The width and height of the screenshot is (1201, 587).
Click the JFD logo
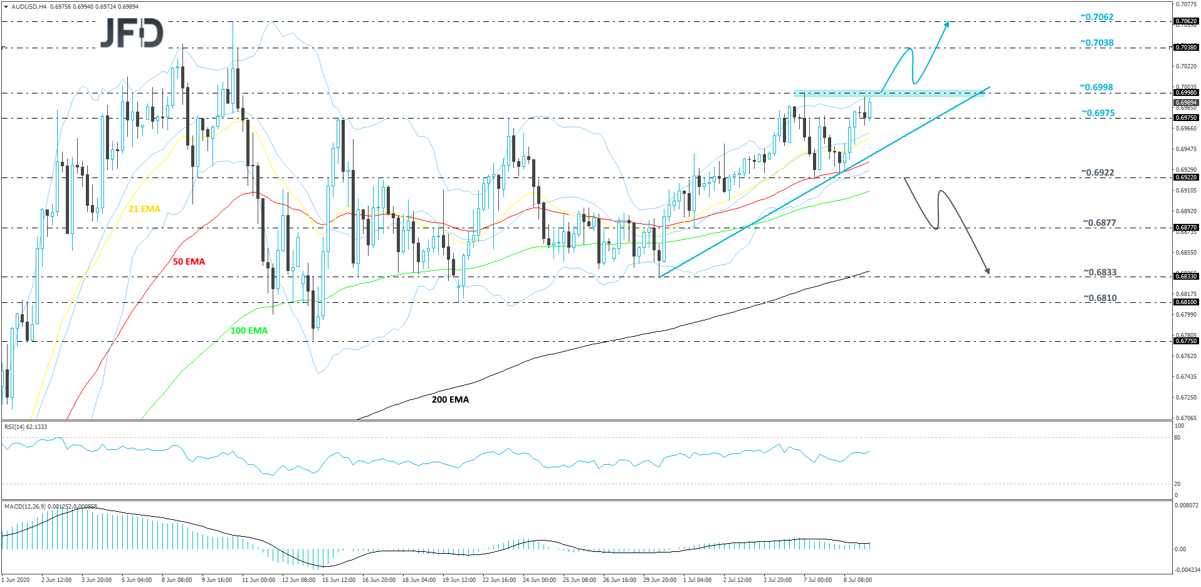coord(132,33)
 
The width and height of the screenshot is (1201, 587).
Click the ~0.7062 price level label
coord(1096,17)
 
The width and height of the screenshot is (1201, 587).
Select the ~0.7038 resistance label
coord(1096,43)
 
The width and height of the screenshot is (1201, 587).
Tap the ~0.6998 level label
coord(1096,87)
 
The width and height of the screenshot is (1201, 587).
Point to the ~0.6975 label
coord(1098,113)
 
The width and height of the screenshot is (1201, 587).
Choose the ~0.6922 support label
coord(1097,172)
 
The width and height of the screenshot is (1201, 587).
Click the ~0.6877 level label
coord(1099,223)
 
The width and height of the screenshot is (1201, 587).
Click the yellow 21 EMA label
coord(144,209)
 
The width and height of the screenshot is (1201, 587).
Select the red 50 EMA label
coord(189,262)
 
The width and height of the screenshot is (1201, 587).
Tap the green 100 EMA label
coord(249,331)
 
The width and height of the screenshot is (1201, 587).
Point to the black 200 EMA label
coord(450,399)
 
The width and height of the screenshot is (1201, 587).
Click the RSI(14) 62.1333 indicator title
coord(26,427)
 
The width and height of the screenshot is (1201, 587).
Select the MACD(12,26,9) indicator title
coord(50,506)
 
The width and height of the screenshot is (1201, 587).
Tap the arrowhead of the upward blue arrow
coord(947,23)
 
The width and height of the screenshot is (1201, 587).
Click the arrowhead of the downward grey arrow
coord(988,272)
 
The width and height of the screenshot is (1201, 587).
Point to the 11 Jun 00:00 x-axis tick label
coord(258,580)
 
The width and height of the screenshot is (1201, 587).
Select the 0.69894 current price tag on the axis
coord(1186,102)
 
